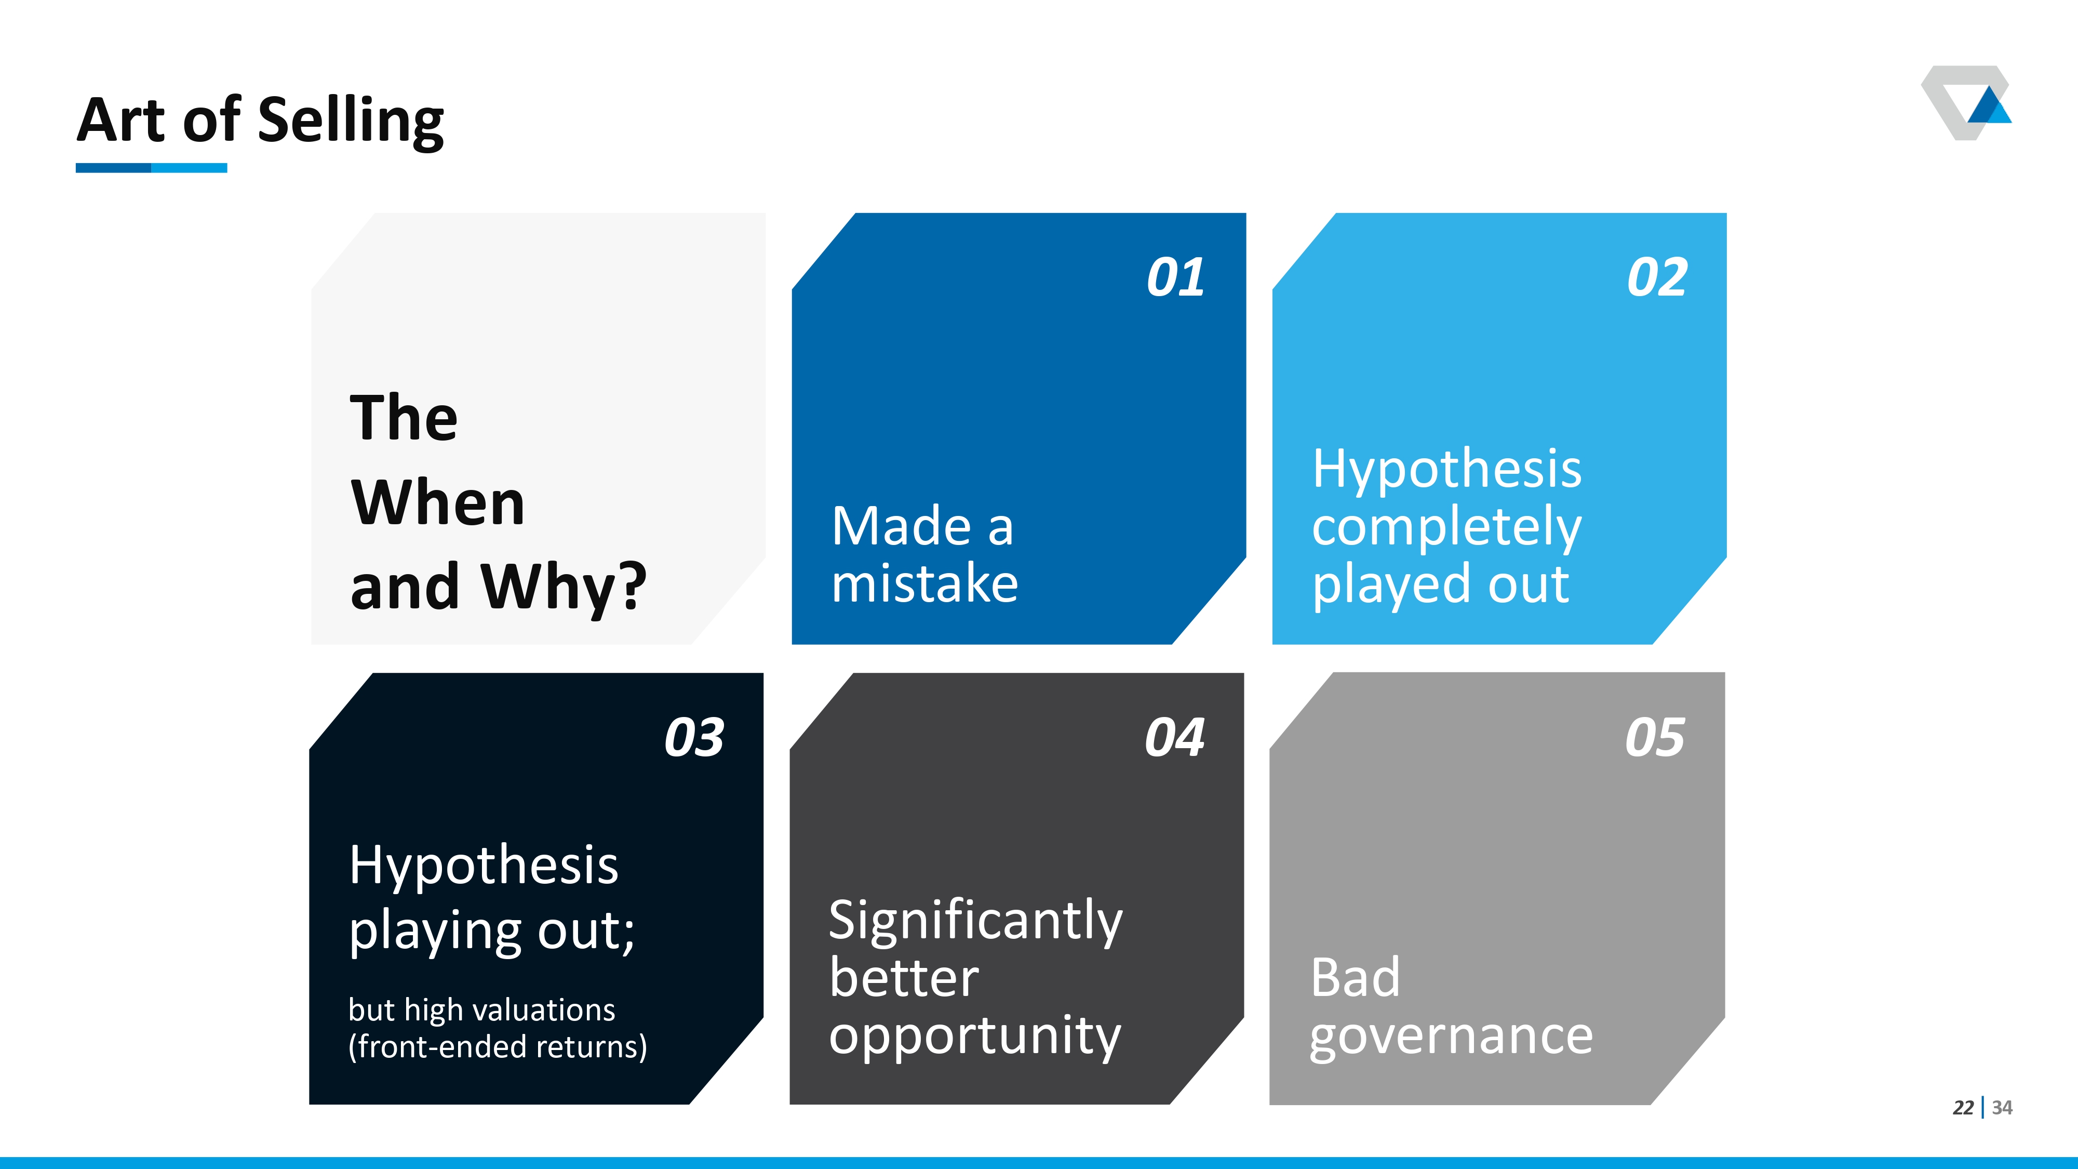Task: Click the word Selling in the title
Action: click(351, 122)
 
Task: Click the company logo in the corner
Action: click(1966, 102)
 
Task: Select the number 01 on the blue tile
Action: click(1175, 277)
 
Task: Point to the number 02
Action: click(1657, 277)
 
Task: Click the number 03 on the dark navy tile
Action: click(694, 737)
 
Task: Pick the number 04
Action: click(1174, 737)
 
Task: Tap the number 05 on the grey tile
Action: click(1655, 737)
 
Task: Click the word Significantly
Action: click(975, 921)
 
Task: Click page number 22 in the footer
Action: click(1963, 1108)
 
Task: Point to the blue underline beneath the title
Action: click(152, 168)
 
